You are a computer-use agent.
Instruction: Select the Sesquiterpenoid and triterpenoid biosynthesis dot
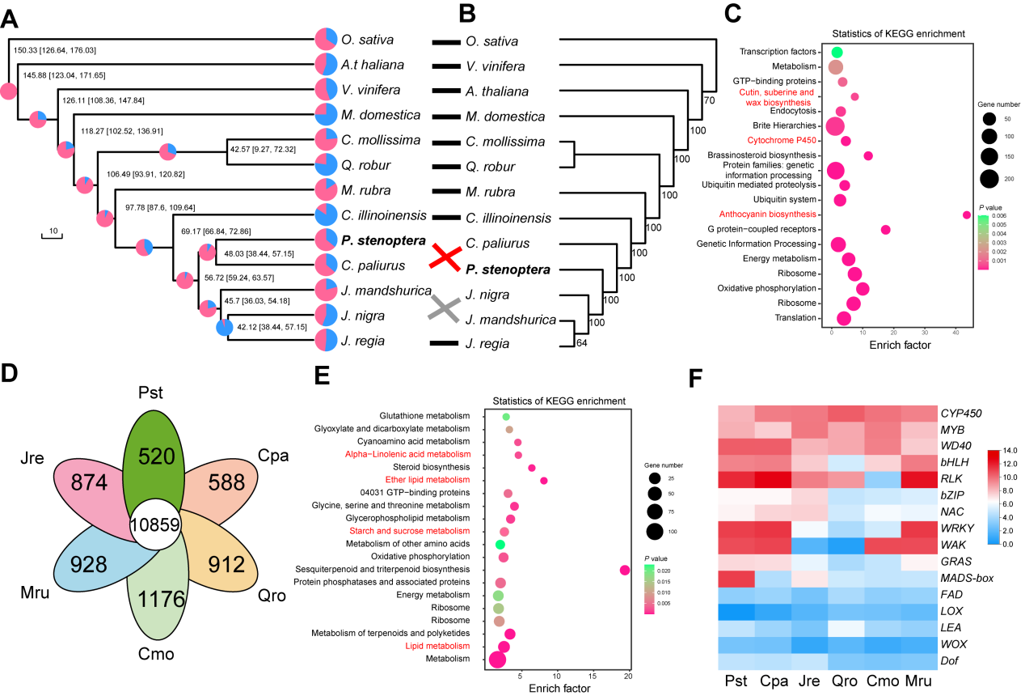click(624, 570)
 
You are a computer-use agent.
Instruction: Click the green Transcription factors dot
click(837, 52)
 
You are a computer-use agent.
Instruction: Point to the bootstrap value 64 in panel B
click(582, 342)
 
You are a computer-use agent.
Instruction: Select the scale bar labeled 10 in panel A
click(52, 236)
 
